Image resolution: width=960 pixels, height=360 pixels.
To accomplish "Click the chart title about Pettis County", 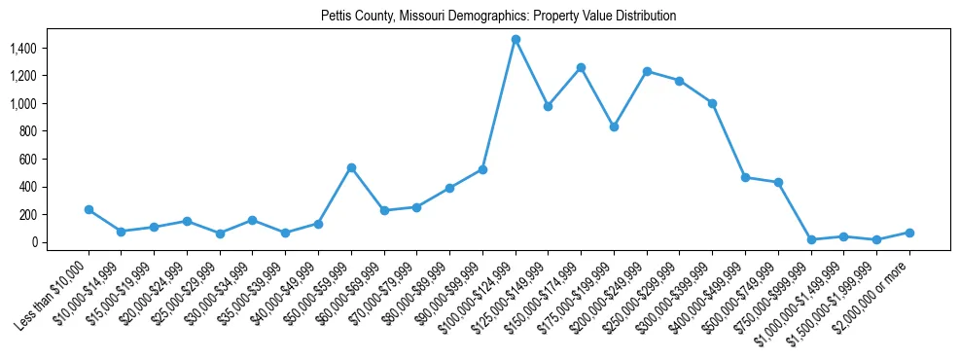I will [498, 17].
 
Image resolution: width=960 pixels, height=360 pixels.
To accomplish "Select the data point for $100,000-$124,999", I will [516, 39].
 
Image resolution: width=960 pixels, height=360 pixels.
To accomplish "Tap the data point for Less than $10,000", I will [89, 209].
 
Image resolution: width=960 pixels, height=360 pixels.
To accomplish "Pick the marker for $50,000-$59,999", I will [351, 167].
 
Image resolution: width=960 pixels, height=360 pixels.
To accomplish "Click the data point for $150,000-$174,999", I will [581, 67].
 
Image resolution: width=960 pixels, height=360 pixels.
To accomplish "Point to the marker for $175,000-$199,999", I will [614, 126].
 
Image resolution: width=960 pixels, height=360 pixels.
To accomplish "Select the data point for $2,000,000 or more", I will [909, 233].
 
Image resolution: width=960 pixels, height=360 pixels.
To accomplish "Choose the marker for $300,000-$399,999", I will [712, 103].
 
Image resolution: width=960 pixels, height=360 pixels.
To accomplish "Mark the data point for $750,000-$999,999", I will [811, 239].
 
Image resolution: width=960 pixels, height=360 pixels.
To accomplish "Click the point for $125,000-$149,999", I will [549, 106].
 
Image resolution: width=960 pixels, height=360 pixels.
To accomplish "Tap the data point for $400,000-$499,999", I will [745, 177].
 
